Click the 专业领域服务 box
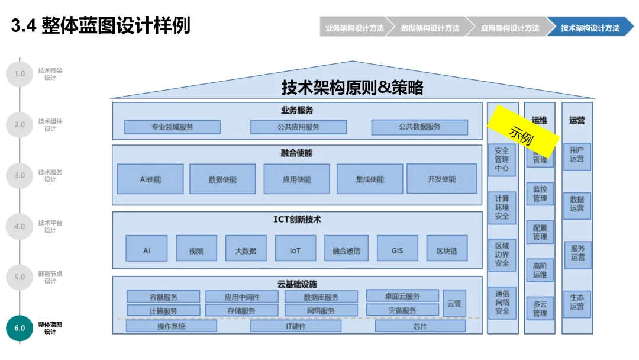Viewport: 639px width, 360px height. point(172,127)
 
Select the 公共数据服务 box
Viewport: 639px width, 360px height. point(419,127)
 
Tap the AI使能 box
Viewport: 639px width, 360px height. point(150,179)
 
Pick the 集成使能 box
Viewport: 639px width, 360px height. point(370,179)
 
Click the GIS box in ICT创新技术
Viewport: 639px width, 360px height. point(397,250)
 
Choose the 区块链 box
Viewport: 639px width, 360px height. point(447,250)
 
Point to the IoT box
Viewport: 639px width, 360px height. point(295,250)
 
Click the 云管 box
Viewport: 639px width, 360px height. point(454,303)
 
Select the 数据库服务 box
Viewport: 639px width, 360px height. point(321,297)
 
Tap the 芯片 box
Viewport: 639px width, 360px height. point(420,326)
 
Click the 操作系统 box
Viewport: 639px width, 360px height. point(172,326)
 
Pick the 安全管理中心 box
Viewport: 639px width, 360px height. point(502,159)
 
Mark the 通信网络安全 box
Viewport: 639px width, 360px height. point(502,302)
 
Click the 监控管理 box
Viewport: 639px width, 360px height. point(540,194)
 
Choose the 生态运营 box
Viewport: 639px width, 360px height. point(577,301)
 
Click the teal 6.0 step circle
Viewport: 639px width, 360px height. point(20,327)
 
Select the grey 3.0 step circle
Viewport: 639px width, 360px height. point(20,175)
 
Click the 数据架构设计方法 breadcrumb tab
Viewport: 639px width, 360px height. point(430,28)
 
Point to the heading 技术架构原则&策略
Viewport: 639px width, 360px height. point(353,88)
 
